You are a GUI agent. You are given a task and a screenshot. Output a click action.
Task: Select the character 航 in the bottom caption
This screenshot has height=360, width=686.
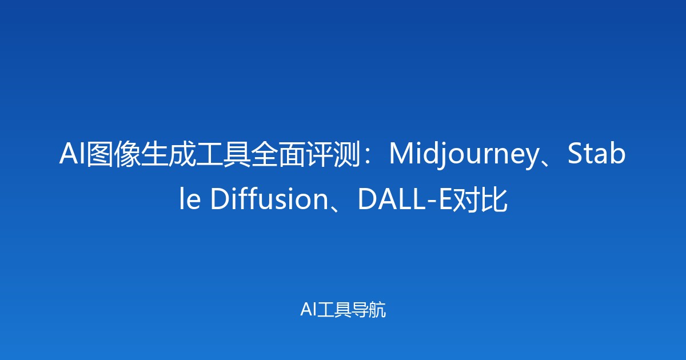click(378, 310)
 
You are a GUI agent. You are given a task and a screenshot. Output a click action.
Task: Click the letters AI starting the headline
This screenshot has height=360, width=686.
click(73, 155)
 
